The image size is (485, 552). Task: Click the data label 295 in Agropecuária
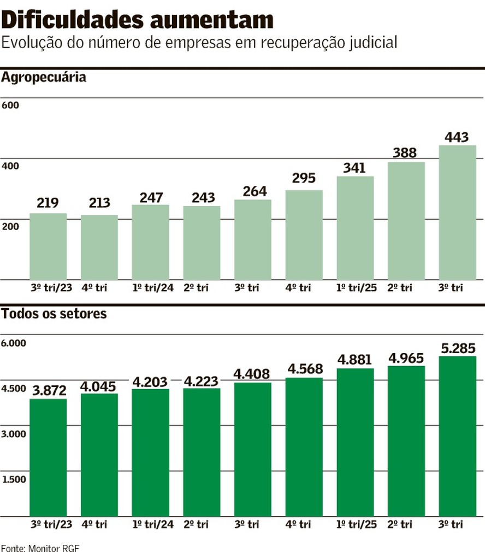pos(304,179)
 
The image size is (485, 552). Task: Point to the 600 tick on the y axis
pos(10,105)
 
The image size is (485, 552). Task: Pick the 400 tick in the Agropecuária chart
pos(10,166)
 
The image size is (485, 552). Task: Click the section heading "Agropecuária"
pos(44,77)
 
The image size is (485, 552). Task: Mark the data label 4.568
pos(304,369)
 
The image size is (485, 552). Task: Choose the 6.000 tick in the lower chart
pos(14,343)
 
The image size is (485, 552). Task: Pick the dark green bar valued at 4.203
pos(151,452)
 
